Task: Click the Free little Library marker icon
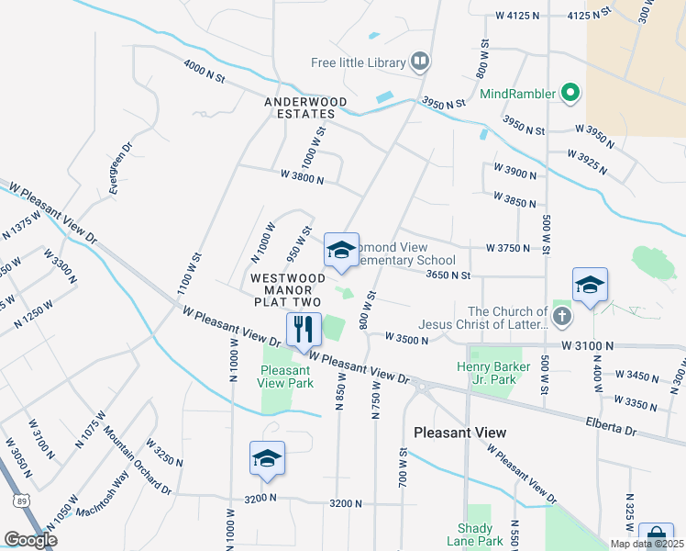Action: coord(420,62)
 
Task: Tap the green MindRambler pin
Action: coord(570,93)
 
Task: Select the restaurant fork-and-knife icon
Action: coord(304,329)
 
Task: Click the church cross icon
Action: coord(562,318)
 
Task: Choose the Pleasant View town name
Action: coord(459,432)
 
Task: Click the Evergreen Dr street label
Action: coord(120,167)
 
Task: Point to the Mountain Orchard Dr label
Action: coord(137,460)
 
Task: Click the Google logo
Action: coord(30,540)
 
